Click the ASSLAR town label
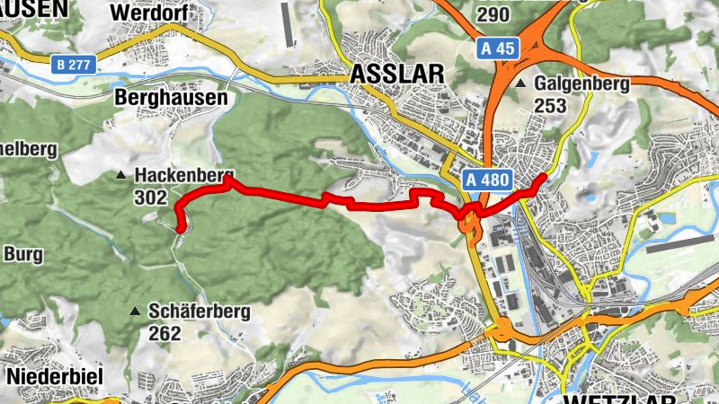392,73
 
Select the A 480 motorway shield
489,180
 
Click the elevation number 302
151,196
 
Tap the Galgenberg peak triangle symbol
521,83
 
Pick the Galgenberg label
580,83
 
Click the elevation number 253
550,105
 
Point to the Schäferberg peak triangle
135,312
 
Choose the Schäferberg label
200,312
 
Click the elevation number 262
165,333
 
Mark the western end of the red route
181,229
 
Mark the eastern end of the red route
542,178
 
